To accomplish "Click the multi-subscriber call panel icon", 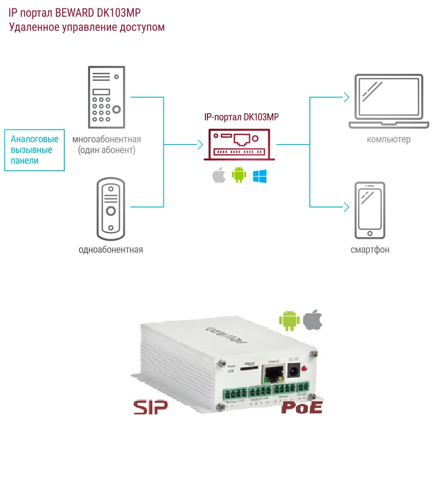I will pyautogui.click(x=106, y=97).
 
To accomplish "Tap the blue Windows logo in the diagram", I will pyautogui.click(x=260, y=176).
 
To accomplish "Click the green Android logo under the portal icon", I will pyautogui.click(x=239, y=175).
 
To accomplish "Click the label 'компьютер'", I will pyautogui.click(x=389, y=140).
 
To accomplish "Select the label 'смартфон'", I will pyautogui.click(x=370, y=250).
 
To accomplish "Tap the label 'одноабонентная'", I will pyautogui.click(x=111, y=250).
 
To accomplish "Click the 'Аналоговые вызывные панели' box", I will pyautogui.click(x=35, y=150).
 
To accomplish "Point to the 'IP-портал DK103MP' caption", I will pyautogui.click(x=241, y=117).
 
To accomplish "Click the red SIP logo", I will pyautogui.click(x=150, y=407).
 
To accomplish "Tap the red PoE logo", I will pyautogui.click(x=302, y=407).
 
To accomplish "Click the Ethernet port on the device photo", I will pyautogui.click(x=272, y=374).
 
